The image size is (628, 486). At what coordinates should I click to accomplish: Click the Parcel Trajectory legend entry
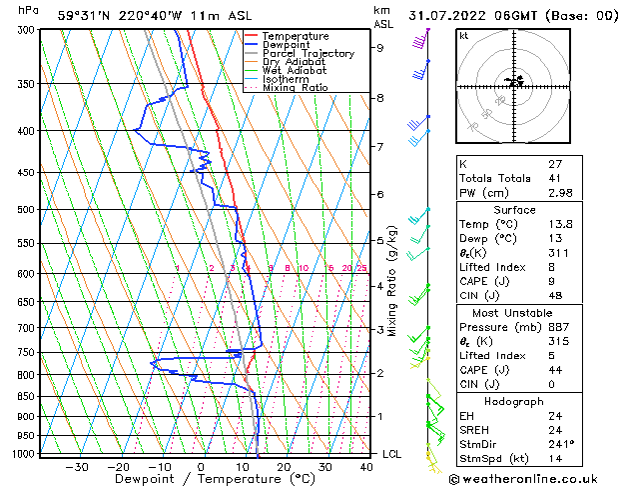coord(308,53)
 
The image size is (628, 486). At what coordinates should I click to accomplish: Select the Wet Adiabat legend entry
coord(296,70)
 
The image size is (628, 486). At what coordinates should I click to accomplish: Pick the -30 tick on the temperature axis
coord(76,467)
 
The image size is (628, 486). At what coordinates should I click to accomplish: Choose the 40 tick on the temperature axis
coord(367,467)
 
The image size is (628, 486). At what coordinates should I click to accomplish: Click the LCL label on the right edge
coord(392,454)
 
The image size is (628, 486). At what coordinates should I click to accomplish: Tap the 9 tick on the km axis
coord(379,47)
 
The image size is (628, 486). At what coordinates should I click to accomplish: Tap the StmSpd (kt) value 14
coord(554,460)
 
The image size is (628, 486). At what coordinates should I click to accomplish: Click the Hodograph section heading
coord(515,401)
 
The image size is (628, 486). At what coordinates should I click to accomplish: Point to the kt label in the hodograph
coord(464,35)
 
